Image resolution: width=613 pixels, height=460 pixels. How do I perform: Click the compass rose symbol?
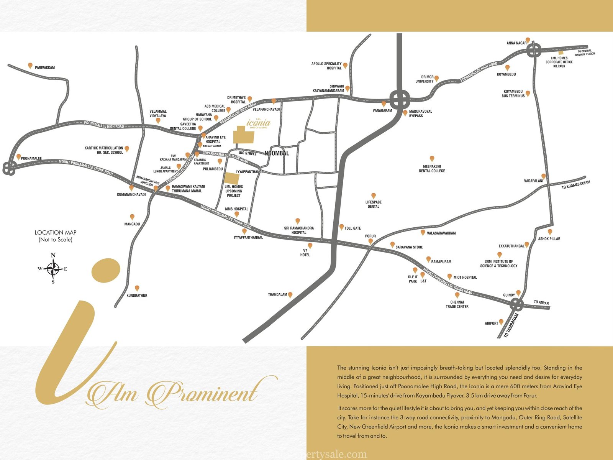click(53, 269)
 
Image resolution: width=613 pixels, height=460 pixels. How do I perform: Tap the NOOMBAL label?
click(277, 153)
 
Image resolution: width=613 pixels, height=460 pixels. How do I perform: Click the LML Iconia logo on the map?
click(258, 123)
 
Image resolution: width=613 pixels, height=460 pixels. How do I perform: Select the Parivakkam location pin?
click(30, 66)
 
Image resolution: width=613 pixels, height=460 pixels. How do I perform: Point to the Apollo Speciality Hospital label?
click(326, 66)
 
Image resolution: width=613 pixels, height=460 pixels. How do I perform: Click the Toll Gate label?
click(352, 228)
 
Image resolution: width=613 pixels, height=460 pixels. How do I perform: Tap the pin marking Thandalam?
click(290, 295)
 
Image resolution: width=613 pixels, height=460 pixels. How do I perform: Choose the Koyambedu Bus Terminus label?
click(513, 94)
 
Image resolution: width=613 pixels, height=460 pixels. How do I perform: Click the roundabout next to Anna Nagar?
click(534, 50)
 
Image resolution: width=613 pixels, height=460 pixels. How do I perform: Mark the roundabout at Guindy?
click(517, 305)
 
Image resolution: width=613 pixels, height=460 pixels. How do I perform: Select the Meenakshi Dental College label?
click(432, 169)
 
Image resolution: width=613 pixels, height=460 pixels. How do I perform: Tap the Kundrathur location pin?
click(137, 288)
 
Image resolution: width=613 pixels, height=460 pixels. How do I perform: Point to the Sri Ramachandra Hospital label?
click(299, 230)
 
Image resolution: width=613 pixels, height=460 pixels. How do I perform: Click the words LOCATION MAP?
click(56, 232)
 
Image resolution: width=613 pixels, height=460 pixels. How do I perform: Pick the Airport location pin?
click(501, 322)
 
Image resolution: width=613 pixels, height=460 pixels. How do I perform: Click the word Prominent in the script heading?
click(203, 393)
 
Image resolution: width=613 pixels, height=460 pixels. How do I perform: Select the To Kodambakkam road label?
click(576, 185)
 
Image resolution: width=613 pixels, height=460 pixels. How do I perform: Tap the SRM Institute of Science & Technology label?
click(498, 264)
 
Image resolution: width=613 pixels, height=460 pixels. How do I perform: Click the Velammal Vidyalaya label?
click(158, 113)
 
